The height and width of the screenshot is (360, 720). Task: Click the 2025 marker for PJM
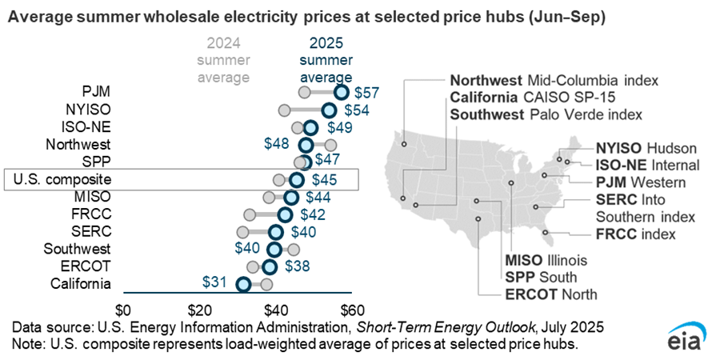coord(342,92)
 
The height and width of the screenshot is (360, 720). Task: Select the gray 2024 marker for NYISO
coord(284,110)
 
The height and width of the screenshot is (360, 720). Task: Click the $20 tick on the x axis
coord(199,310)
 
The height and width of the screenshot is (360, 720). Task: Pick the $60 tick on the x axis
coord(352,310)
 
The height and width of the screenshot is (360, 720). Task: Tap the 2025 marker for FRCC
coord(285,214)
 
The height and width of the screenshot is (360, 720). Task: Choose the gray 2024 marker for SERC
coord(243,232)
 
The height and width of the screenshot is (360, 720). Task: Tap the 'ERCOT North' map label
coord(550,294)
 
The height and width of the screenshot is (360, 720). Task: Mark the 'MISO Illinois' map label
coord(546,260)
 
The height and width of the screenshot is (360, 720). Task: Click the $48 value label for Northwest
coord(277,144)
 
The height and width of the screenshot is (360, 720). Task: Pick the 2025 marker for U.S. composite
coord(296,179)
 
